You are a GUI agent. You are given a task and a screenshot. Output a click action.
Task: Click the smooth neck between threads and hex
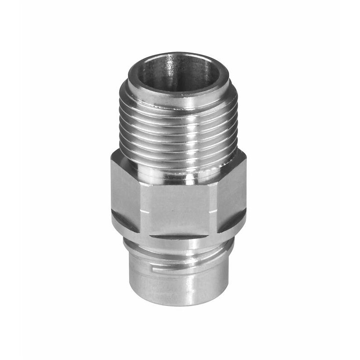pos(180,173)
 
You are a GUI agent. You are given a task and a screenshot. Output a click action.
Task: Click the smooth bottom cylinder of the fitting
pos(180,283)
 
